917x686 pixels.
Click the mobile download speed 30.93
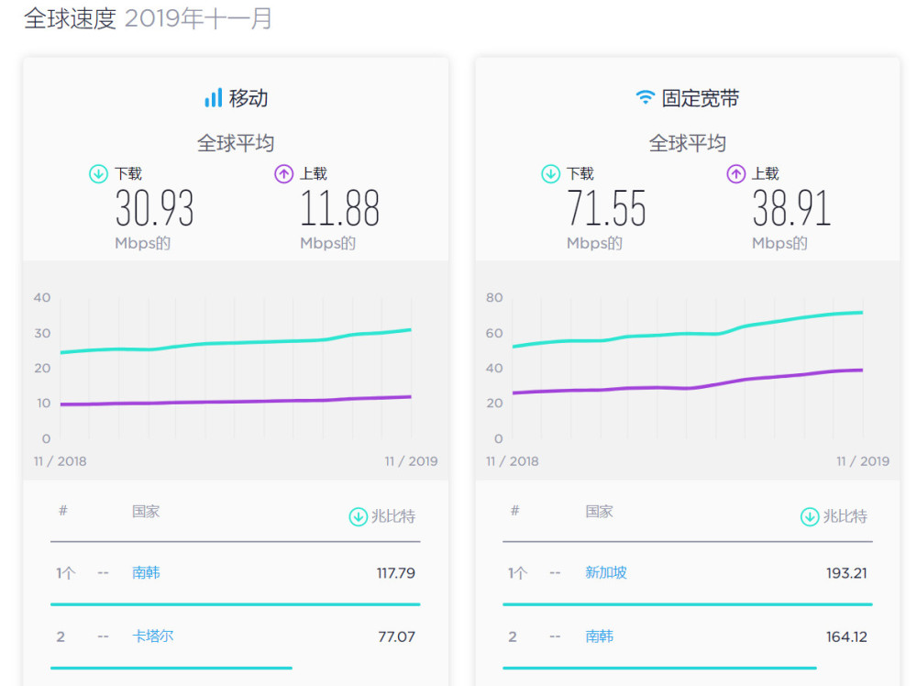pos(154,208)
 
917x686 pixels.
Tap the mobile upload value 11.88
pos(339,208)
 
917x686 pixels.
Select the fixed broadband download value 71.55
pos(606,208)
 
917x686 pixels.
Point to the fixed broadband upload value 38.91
pos(791,208)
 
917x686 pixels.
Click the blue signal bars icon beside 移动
pos(213,98)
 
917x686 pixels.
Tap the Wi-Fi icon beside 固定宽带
pos(646,98)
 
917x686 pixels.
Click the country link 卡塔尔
pos(152,636)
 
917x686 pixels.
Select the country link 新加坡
pos(606,572)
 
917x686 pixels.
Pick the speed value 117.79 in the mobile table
pos(395,573)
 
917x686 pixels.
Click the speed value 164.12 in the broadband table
pos(846,636)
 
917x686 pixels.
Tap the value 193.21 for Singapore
pos(846,573)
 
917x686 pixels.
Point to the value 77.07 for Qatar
pos(396,636)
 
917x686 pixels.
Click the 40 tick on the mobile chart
pos(42,297)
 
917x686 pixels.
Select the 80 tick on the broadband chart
pos(494,297)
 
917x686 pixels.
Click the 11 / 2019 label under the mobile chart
pos(411,461)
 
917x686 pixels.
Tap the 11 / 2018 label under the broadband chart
pos(513,461)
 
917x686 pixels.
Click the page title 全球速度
pos(70,18)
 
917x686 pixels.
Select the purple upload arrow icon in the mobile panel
pos(284,173)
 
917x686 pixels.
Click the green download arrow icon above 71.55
pos(550,173)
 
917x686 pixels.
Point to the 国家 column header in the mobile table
pos(146,511)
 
